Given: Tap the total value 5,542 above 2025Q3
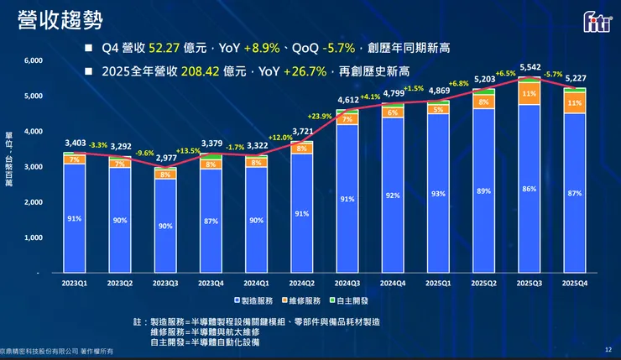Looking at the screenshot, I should [530, 66].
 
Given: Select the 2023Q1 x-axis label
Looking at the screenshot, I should [74, 283].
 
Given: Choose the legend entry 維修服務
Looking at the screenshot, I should [300, 300].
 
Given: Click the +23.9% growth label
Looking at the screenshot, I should [319, 116].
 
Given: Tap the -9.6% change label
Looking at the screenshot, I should [145, 153].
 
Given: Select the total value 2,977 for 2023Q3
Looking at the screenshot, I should [165, 158].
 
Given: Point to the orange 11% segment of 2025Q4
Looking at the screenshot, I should [575, 102].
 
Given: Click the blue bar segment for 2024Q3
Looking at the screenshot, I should [347, 199].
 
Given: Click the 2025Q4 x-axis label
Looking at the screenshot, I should [575, 283].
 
